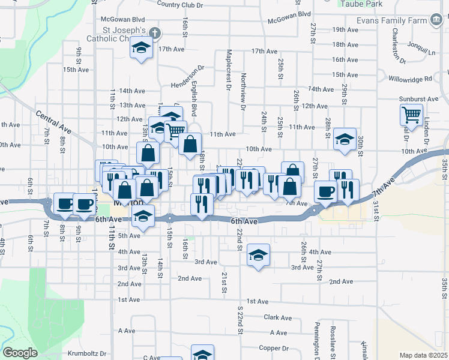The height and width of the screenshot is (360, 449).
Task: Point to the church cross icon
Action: click(154, 32)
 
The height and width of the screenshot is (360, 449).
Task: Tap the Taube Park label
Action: click(361, 4)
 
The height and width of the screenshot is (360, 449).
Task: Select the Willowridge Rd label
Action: click(410, 79)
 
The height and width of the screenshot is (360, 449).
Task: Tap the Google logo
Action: click(20, 353)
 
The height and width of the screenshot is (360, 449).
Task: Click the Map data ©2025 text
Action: click(423, 355)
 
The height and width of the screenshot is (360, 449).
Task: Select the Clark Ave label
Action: click(277, 317)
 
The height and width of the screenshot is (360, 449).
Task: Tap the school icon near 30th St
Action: click(345, 139)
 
